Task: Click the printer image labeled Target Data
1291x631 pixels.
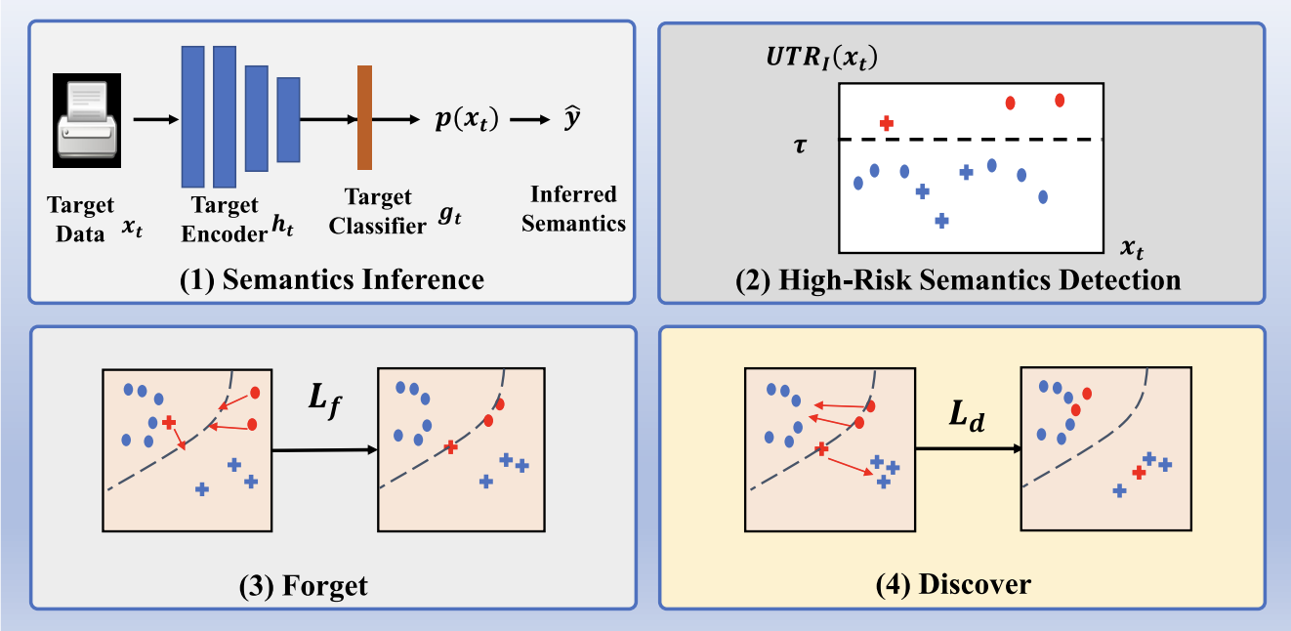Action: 87,120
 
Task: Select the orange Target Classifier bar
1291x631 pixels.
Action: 364,117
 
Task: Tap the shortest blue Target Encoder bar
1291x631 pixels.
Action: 288,120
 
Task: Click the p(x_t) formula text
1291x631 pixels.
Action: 467,119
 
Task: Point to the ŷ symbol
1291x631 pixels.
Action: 571,118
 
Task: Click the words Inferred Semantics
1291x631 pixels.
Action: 573,209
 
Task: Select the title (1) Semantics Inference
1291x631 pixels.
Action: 332,279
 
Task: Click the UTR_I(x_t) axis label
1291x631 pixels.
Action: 822,57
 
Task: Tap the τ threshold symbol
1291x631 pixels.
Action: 800,145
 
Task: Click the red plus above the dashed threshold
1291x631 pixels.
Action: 887,123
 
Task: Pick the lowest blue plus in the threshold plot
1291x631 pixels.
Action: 941,220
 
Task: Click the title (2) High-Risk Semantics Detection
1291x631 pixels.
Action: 958,280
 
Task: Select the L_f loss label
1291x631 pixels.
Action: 324,399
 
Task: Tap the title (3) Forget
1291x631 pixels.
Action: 303,586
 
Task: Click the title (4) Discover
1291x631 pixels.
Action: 953,584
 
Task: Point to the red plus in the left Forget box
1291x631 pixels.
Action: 169,422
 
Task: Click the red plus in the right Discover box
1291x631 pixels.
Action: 1139,473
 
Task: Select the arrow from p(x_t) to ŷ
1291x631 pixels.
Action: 530,120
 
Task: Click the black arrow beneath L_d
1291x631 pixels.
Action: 969,448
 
